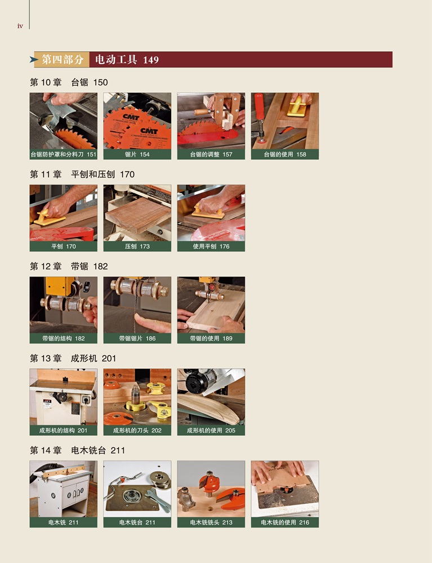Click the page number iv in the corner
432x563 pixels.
click(x=20, y=26)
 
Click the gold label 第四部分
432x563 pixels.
click(x=63, y=60)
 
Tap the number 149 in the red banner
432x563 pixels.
click(x=151, y=60)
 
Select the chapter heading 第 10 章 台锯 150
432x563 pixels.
click(x=69, y=82)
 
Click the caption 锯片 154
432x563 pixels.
click(x=137, y=154)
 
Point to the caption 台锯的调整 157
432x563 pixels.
click(x=211, y=154)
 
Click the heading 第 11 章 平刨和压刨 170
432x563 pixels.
click(x=82, y=174)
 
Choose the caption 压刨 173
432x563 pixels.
click(x=137, y=247)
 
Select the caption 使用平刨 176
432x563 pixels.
click(x=211, y=247)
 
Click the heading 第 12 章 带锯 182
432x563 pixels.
click(x=69, y=266)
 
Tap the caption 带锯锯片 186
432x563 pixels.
click(x=137, y=338)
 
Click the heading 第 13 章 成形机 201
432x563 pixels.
click(x=73, y=358)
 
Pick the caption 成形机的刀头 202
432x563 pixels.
click(x=137, y=430)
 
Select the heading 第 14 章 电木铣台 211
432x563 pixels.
click(x=77, y=450)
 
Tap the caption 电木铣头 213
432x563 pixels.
click(x=211, y=522)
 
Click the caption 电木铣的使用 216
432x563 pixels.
click(x=285, y=522)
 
